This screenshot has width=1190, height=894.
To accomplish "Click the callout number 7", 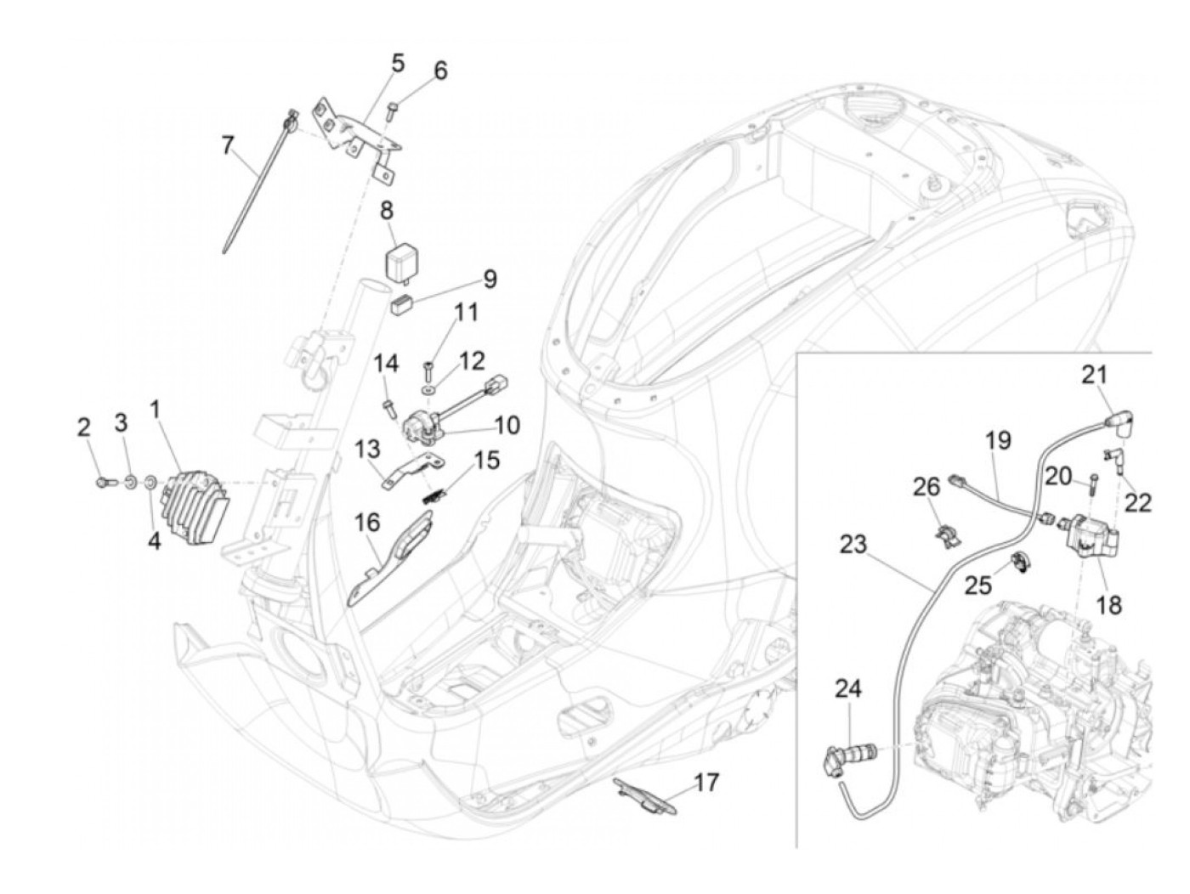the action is click(x=229, y=132).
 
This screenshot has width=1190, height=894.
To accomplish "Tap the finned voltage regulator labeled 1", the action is click(x=197, y=507).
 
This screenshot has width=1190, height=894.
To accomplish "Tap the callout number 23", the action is click(x=853, y=545).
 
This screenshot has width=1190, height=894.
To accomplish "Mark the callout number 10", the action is click(x=507, y=426).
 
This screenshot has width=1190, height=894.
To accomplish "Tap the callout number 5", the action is click(x=398, y=64).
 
